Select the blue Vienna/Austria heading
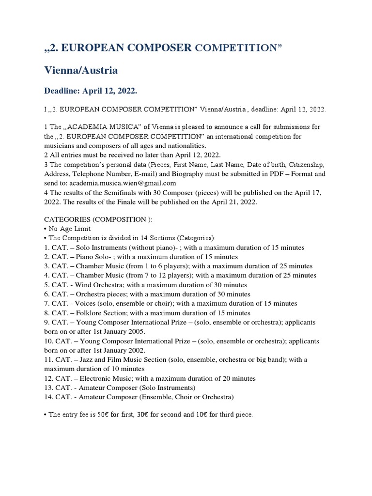pos(81,70)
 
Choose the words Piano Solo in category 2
pos(89,257)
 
